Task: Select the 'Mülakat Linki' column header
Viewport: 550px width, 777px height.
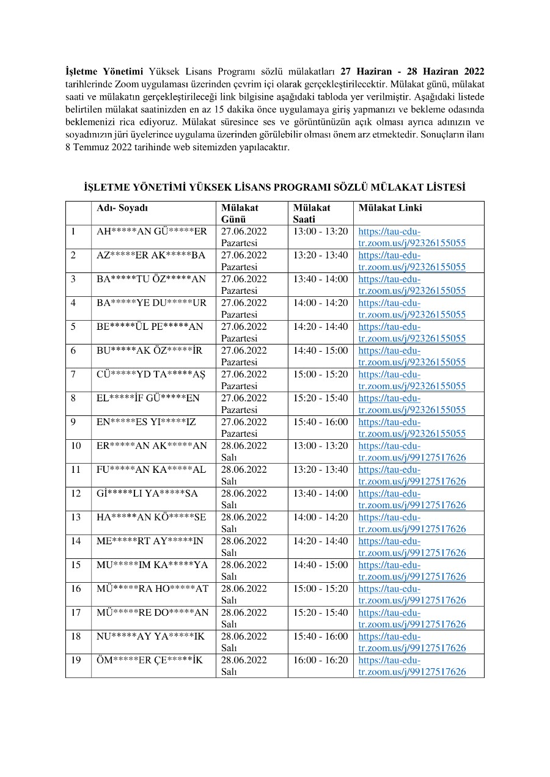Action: click(x=390, y=208)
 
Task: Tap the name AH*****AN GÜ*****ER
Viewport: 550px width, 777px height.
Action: click(x=152, y=232)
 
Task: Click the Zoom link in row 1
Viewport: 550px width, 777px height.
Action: click(x=412, y=238)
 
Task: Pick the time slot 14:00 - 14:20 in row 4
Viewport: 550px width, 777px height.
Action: click(x=320, y=303)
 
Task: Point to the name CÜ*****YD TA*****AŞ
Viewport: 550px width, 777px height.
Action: click(x=151, y=374)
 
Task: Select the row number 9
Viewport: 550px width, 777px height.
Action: click(x=73, y=422)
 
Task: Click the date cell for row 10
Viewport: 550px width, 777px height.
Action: click(x=244, y=451)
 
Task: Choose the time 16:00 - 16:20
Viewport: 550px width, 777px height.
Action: click(x=320, y=660)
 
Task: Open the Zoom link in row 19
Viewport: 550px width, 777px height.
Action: click(x=412, y=666)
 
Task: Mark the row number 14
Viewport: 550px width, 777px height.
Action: click(x=75, y=541)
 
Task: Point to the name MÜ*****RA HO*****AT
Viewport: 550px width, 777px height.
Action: click(x=152, y=589)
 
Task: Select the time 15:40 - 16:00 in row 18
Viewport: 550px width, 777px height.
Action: click(x=320, y=637)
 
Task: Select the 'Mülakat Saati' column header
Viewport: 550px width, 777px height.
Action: click(x=311, y=213)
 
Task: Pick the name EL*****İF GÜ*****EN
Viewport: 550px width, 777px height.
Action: click(x=148, y=398)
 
